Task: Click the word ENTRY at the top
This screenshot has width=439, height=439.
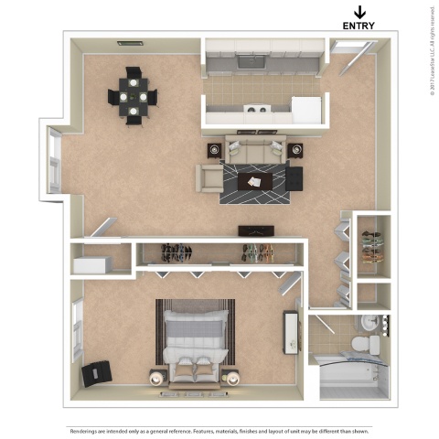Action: tap(359, 26)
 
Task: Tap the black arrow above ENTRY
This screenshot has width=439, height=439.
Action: tap(359, 11)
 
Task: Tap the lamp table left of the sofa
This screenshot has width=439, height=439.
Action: tap(213, 149)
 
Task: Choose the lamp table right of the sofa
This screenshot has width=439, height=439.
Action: tap(294, 149)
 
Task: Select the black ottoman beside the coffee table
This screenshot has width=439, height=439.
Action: tap(294, 178)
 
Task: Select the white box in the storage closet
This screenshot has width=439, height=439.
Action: tap(91, 264)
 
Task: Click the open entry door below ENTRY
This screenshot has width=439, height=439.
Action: tap(346, 47)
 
